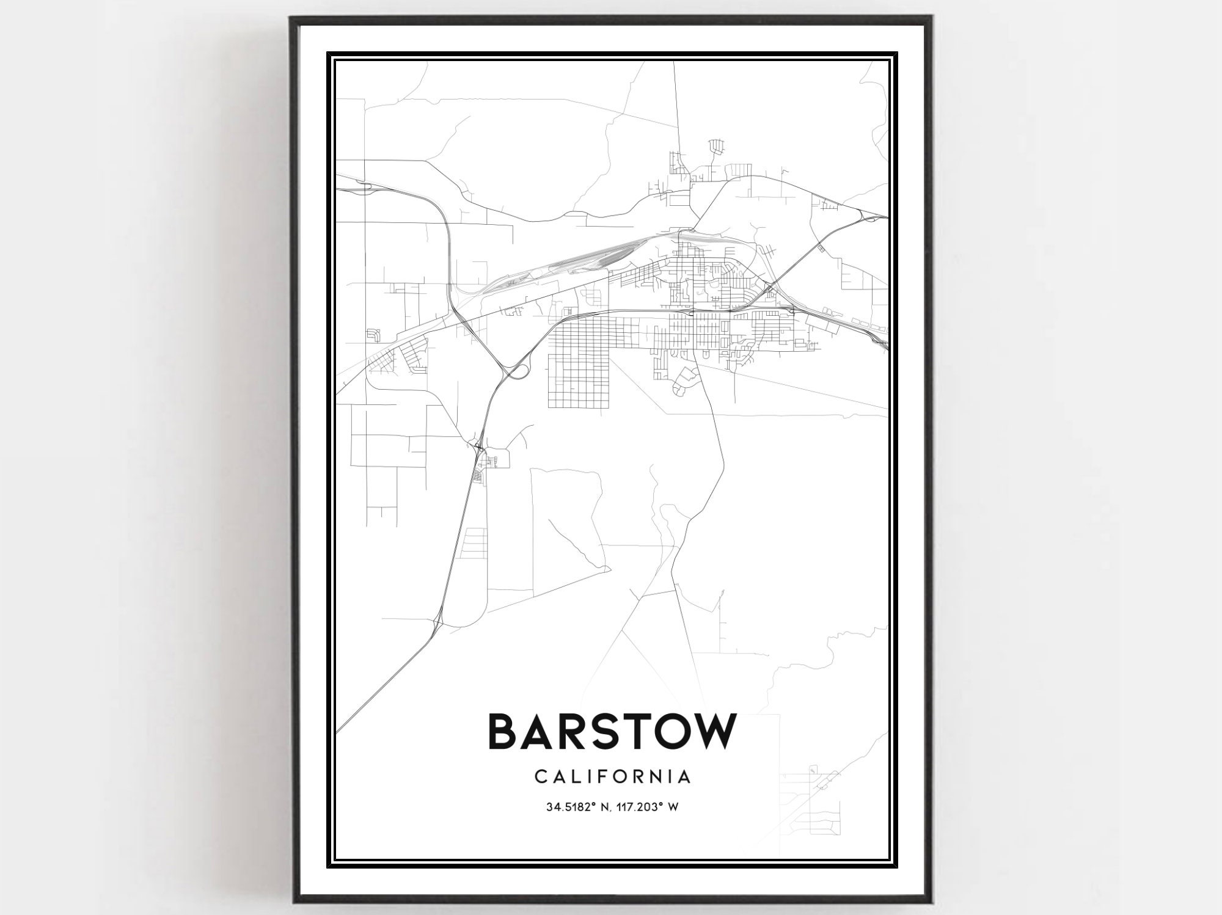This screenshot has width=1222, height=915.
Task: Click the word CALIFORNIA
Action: click(613, 777)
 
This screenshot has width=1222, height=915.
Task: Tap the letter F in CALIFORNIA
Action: click(612, 777)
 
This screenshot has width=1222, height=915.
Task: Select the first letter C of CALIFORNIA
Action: click(540, 777)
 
